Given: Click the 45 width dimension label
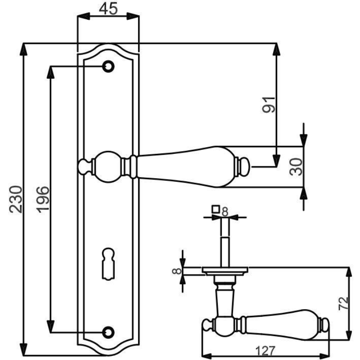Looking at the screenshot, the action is (x=108, y=9).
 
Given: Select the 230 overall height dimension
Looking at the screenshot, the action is (x=16, y=199).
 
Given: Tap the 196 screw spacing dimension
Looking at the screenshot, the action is (x=43, y=199).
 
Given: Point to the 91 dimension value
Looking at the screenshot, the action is (x=268, y=105).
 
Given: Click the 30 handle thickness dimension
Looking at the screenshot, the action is (x=296, y=166).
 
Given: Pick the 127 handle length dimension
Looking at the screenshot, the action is (x=265, y=351).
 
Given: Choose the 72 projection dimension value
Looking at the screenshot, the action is (x=343, y=303).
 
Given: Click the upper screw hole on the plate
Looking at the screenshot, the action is (x=108, y=67).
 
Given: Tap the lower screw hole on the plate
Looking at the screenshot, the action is (x=108, y=332).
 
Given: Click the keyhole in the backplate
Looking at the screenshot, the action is (x=108, y=264).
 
